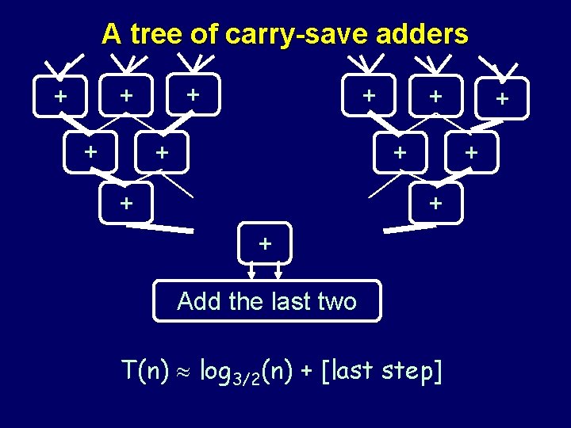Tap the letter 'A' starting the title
pyautogui.click(x=111, y=34)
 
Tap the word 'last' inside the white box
pyautogui.click(x=293, y=301)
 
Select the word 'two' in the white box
pyautogui.click(x=338, y=301)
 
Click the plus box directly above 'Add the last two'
pyautogui.click(x=265, y=243)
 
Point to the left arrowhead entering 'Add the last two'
pyautogui.click(x=251, y=275)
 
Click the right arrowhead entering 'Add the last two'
pyautogui.click(x=278, y=275)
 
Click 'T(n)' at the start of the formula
pyautogui.click(x=145, y=369)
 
